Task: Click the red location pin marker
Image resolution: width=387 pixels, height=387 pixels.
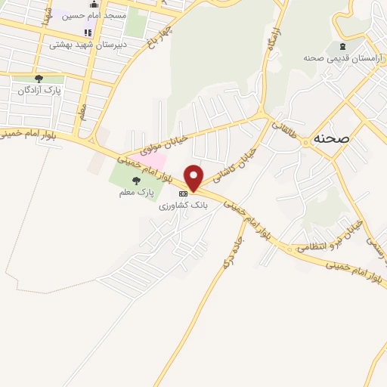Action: point(194,177)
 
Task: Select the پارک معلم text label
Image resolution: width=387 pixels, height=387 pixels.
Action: point(136,193)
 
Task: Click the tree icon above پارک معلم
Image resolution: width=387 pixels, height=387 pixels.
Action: point(136,180)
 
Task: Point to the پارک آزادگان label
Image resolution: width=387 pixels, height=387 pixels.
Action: point(39,90)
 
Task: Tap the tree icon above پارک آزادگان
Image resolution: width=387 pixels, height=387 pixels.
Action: point(39,78)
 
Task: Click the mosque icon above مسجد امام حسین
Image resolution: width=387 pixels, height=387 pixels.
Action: point(94,4)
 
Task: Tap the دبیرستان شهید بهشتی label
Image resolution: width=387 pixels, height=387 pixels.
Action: point(86,44)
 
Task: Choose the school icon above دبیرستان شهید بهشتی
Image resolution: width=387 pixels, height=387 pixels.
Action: point(87,33)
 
